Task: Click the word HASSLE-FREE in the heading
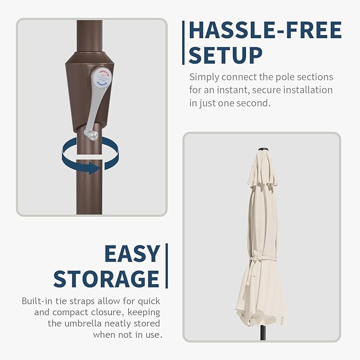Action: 266,30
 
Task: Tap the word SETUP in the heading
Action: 225,55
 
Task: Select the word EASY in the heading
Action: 132,253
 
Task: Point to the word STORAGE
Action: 106,279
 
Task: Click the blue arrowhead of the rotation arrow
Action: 94,168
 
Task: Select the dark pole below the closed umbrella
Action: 263,332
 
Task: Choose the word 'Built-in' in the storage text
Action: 37,301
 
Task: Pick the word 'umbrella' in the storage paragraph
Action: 83,323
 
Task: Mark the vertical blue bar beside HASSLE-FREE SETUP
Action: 183,43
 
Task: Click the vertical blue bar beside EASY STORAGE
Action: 166,266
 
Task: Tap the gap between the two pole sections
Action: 89,157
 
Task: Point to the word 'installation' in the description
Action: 308,90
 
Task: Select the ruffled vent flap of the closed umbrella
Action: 262,182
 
